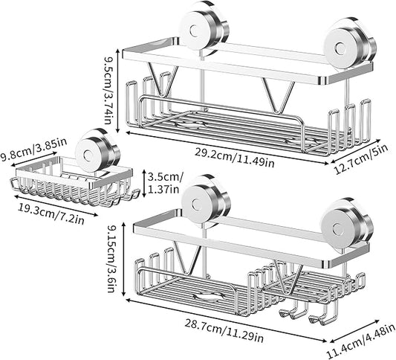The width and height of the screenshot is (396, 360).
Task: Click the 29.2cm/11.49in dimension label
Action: tap(234, 158)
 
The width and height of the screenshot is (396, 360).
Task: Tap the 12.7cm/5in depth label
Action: tap(361, 159)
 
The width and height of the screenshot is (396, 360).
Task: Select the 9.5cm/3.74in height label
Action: tap(108, 90)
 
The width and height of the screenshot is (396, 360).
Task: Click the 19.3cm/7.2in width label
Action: tap(51, 214)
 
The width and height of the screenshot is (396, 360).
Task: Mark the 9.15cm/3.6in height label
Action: tap(112, 259)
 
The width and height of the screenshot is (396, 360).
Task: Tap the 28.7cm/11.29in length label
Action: tap(224, 331)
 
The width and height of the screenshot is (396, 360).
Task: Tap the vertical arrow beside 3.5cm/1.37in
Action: tap(143, 183)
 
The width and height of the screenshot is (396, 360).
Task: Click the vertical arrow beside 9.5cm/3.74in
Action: tap(117, 91)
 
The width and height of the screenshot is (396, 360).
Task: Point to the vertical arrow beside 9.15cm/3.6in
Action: tap(123, 259)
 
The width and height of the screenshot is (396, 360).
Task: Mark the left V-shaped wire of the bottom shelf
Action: tap(187, 258)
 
